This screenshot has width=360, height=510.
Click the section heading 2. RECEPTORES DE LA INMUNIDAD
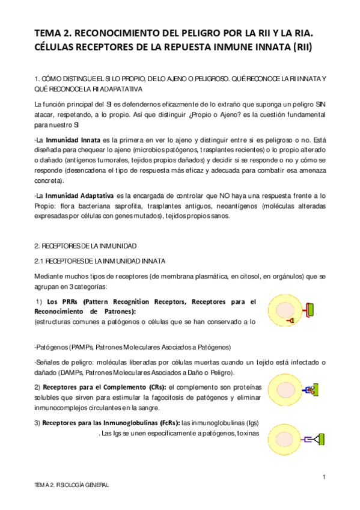pos(86,247)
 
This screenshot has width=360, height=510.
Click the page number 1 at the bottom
pos(324,477)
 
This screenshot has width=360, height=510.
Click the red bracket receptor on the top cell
pos(308,310)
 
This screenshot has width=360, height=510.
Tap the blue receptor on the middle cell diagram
pos(308,390)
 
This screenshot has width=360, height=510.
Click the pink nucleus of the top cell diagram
pos(285,309)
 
